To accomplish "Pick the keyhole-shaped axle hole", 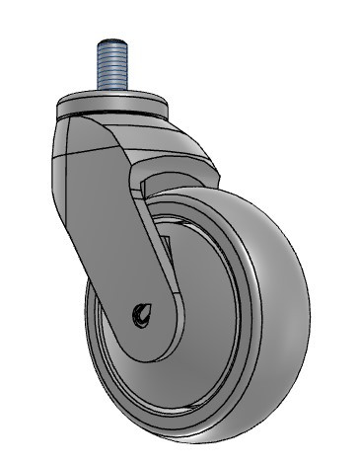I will tap(140, 315).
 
